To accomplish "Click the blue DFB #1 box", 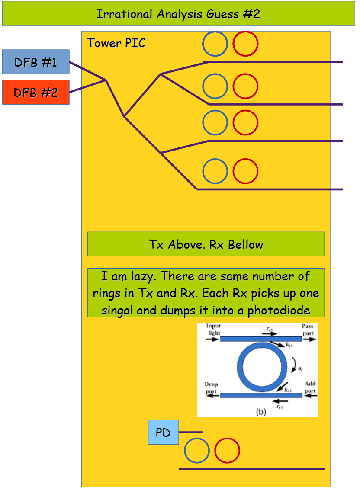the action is click(x=35, y=62).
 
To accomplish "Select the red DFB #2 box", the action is click(x=35, y=92).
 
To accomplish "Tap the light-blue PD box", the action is click(x=163, y=432).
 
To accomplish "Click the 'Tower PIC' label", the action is click(x=116, y=43).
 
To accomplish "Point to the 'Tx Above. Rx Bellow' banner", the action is click(x=206, y=244).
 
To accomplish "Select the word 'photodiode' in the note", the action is click(x=283, y=310).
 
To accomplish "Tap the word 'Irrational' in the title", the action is click(x=124, y=14).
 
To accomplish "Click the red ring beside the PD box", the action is click(x=227, y=451).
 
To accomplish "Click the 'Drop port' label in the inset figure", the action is click(x=211, y=388).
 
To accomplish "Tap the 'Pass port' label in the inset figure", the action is click(x=307, y=330).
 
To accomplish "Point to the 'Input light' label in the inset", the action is click(x=213, y=330).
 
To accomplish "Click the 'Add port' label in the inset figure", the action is click(x=310, y=387).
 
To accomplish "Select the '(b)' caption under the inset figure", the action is click(x=260, y=412).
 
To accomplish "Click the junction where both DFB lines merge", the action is click(x=105, y=80).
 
